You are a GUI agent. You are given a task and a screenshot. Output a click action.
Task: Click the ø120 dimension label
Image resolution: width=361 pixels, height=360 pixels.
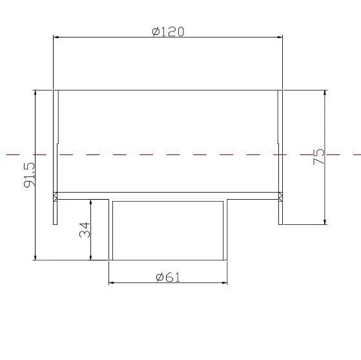click(168, 32)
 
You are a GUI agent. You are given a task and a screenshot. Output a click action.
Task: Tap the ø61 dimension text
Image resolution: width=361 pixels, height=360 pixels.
click(168, 277)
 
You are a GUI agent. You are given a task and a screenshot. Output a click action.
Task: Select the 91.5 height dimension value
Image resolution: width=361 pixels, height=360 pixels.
click(29, 175)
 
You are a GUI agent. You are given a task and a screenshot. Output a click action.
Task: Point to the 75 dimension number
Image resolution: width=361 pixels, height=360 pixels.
click(318, 156)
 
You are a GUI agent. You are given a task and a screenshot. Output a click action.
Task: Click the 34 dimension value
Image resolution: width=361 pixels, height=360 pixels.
click(85, 230)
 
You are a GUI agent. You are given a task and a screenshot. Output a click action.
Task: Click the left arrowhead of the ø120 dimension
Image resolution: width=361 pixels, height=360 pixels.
click(56, 37)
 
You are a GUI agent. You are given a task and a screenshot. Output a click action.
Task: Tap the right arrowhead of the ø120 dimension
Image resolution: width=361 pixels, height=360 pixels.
click(280, 37)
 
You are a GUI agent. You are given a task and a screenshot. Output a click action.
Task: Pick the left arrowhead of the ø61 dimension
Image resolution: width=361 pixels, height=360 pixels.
click(111, 282)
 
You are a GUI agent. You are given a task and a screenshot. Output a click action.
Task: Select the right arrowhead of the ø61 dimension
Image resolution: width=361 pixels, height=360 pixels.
click(225, 282)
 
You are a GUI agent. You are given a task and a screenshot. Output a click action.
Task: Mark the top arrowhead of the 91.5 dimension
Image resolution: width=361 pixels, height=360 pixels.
click(36, 92)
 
